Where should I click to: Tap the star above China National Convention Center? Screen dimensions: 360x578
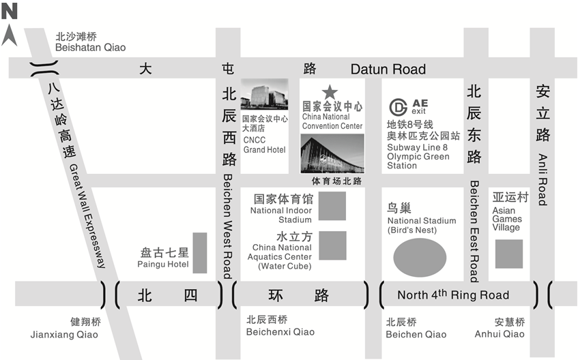click(330, 91)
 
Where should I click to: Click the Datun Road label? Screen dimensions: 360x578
click(388, 69)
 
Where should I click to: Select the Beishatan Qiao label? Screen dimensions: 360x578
click(90, 48)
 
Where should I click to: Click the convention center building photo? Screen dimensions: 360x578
click(332, 153)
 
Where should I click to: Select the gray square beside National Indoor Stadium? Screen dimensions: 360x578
click(332, 206)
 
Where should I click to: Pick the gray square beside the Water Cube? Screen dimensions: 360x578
click(332, 246)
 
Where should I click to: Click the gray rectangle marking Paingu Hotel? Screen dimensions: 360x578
click(199, 254)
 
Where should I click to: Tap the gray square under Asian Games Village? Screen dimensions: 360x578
click(508, 254)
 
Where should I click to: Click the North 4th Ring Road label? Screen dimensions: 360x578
click(453, 295)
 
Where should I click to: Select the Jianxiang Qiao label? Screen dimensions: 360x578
click(64, 335)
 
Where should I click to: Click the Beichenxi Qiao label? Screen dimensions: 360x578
click(280, 332)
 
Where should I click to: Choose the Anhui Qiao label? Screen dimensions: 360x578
click(500, 333)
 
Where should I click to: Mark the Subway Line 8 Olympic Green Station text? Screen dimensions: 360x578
click(418, 156)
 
